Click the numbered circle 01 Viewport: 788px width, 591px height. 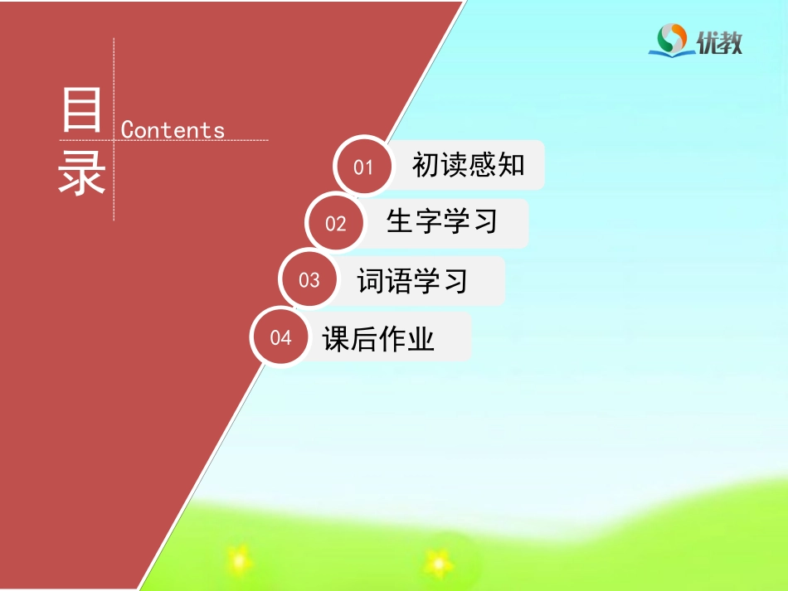(x=363, y=167)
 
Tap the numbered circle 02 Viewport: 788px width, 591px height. (x=335, y=223)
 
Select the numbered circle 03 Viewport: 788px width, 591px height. (x=309, y=279)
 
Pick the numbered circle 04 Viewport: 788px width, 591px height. (x=280, y=337)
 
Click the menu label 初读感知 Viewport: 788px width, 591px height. (x=469, y=165)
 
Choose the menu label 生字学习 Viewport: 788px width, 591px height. (x=442, y=221)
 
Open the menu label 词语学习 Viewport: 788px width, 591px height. (x=412, y=280)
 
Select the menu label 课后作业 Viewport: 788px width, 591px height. (x=379, y=338)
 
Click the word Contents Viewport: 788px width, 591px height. (x=173, y=130)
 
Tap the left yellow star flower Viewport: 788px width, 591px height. (x=239, y=560)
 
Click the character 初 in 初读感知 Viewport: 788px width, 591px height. (x=426, y=165)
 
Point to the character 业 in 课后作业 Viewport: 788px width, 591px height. (x=421, y=338)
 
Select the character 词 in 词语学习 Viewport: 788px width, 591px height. (x=371, y=280)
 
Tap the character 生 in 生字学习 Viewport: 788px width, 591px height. (x=401, y=221)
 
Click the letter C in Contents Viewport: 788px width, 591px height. (x=128, y=130)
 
